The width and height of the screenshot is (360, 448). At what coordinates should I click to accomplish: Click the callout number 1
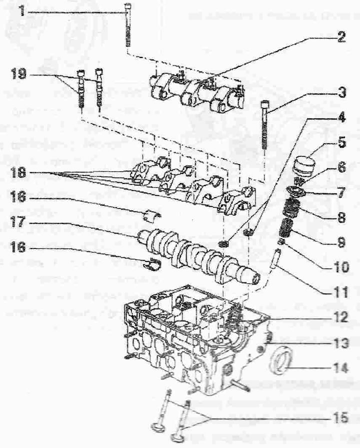[x=22, y=10]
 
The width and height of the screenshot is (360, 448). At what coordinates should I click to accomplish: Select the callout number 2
[x=341, y=37]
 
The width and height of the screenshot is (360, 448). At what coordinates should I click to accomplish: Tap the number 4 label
[x=341, y=117]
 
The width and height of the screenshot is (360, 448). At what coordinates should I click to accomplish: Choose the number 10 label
[x=341, y=267]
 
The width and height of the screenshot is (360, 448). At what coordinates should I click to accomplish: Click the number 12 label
[x=341, y=317]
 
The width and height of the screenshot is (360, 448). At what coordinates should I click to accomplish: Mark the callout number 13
[x=341, y=342]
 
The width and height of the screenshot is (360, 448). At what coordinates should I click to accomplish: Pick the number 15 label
[x=341, y=418]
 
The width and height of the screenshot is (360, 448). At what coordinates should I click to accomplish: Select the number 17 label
[x=18, y=221]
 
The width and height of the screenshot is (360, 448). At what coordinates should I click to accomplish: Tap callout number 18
[x=18, y=172]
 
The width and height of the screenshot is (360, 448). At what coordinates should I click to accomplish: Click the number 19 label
[x=18, y=74]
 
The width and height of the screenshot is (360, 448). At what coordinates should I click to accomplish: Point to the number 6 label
[x=341, y=166]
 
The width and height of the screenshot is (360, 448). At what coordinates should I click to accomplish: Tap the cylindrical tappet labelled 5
[x=303, y=165]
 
